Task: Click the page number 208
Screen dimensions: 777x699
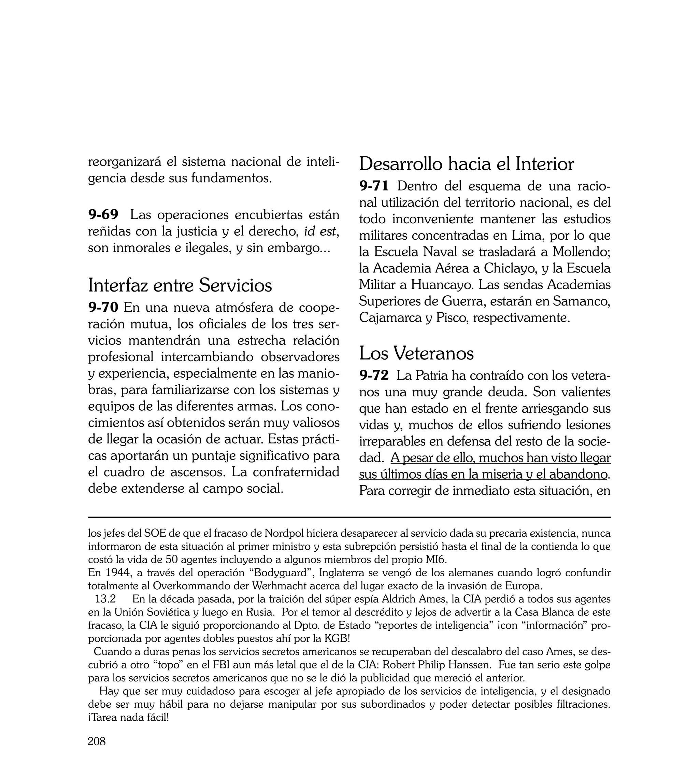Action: pyautogui.click(x=96, y=741)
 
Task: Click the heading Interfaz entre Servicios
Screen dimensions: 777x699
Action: pyautogui.click(x=180, y=285)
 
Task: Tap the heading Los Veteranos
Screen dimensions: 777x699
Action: pyautogui.click(x=416, y=353)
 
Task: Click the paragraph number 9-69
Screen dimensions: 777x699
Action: pyautogui.click(x=103, y=214)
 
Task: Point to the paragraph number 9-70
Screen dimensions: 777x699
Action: pyautogui.click(x=103, y=308)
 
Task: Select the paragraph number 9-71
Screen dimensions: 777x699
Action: pyautogui.click(x=374, y=186)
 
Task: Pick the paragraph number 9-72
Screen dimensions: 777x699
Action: pyautogui.click(x=374, y=375)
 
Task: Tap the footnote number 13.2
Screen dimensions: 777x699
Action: pyautogui.click(x=105, y=599)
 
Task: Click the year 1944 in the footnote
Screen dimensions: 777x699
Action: pyautogui.click(x=117, y=573)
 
